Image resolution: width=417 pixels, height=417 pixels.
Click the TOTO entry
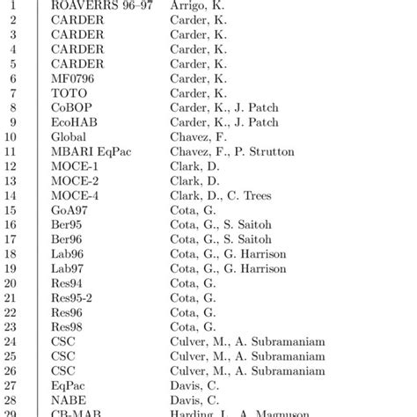[x=70, y=93]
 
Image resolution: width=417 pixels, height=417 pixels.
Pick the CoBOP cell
[x=72, y=107]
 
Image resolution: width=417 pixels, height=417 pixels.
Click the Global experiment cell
[x=69, y=137]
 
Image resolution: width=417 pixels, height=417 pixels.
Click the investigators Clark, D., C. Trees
[x=221, y=195]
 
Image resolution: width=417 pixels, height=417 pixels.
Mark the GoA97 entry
[x=71, y=210]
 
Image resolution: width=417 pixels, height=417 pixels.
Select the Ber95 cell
[x=69, y=224]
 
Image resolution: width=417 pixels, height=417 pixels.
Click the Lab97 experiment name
[x=69, y=268]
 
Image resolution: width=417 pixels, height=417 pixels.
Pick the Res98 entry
[x=69, y=326]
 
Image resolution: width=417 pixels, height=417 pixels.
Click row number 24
[x=11, y=341]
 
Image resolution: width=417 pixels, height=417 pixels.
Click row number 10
[x=11, y=137]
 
